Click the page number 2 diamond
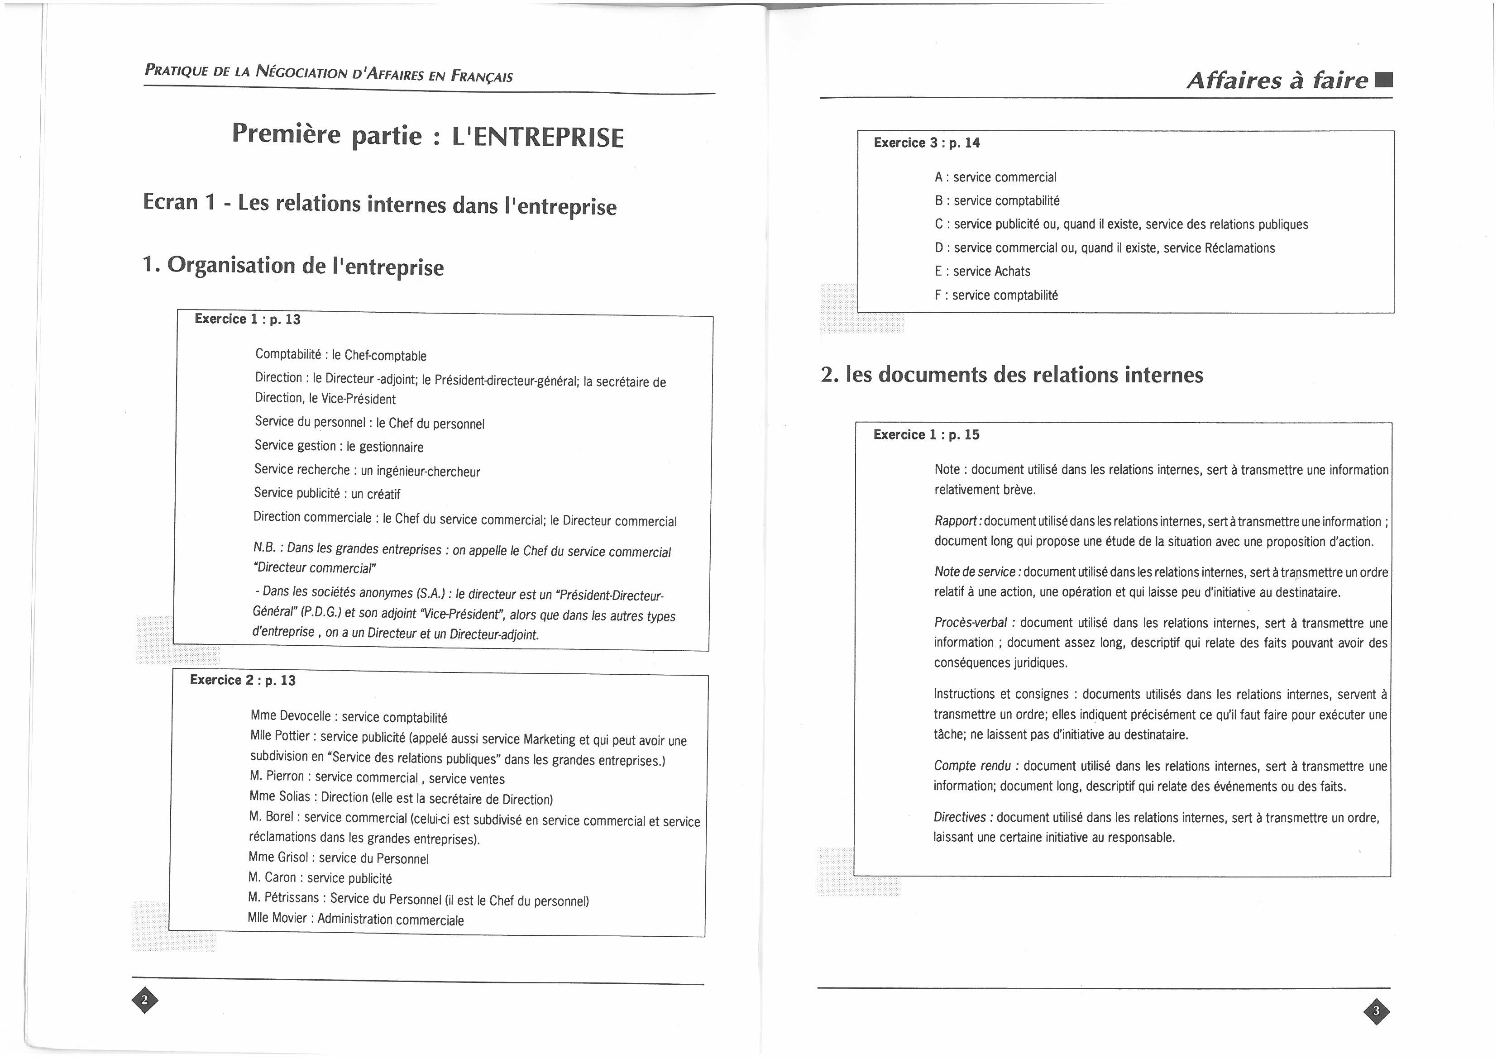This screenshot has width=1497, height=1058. point(145,1000)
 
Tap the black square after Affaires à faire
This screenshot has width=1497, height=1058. point(1383,80)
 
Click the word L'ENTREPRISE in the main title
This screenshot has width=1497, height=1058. point(538,138)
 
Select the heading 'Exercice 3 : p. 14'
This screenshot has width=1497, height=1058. point(927,143)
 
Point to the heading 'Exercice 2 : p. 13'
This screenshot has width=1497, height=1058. point(243,680)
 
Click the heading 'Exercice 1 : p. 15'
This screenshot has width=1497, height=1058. point(926,435)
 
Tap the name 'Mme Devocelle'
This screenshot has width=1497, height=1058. point(290,716)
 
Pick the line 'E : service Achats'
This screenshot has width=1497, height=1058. point(983,271)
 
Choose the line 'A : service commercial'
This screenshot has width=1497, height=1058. point(995,177)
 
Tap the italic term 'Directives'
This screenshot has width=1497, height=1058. point(960,817)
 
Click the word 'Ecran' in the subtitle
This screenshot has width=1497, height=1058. point(170,201)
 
